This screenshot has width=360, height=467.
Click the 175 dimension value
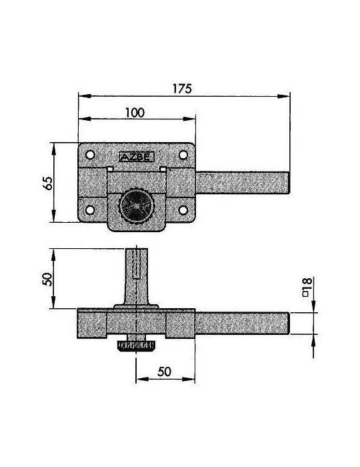[x=182, y=89]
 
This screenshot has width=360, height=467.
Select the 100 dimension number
[x=135, y=113]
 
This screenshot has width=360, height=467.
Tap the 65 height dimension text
[x=47, y=183]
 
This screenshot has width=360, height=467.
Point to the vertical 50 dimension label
[x=47, y=279]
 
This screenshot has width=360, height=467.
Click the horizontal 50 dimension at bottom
[x=165, y=372]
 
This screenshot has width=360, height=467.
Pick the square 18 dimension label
[x=307, y=287]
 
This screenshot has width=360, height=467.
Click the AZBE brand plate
[x=136, y=157]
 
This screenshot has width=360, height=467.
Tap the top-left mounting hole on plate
[x=90, y=155]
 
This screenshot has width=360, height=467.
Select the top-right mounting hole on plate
[x=183, y=155]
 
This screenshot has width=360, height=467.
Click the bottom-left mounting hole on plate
[x=90, y=210]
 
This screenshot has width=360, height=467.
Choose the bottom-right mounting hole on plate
[x=183, y=210]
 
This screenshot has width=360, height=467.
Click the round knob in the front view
[x=136, y=205]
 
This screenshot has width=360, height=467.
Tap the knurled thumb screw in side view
[x=136, y=346]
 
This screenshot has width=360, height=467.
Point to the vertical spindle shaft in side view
[x=136, y=276]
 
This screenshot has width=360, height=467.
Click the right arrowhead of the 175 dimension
[x=283, y=96]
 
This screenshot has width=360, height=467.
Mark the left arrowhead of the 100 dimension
[x=85, y=119]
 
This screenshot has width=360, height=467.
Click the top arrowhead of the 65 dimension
[x=53, y=149]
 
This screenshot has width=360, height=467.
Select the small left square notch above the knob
[x=110, y=169]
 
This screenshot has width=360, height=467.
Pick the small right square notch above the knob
[x=163, y=169]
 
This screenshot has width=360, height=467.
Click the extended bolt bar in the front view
[x=243, y=183]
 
